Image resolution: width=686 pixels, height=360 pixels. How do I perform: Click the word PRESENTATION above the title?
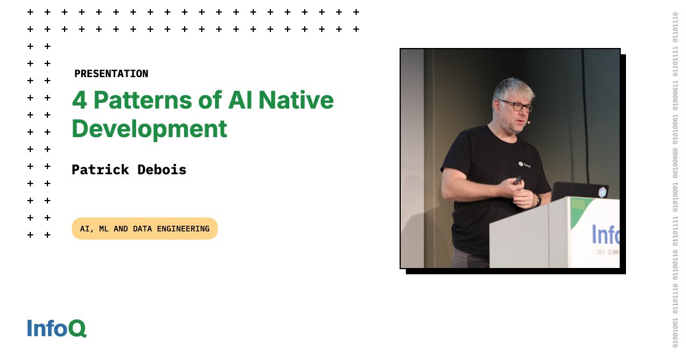coord(111,74)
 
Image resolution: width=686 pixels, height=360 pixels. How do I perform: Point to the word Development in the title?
coord(149,129)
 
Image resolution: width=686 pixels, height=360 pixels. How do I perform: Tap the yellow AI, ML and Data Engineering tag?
coord(145,229)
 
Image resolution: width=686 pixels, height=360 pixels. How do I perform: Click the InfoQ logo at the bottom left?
coord(57,328)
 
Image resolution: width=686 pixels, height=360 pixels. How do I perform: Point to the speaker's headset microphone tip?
coord(529,122)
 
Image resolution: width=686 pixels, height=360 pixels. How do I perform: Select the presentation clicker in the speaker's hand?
coord(517,179)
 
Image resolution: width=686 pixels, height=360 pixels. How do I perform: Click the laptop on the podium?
coord(579,191)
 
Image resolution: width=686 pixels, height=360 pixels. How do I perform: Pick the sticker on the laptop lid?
coord(602,192)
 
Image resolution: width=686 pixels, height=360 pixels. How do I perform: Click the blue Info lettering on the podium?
coord(605,234)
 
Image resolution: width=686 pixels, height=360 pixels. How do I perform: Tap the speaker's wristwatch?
coord(538,199)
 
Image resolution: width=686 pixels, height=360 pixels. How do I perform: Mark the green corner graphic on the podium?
coord(580,209)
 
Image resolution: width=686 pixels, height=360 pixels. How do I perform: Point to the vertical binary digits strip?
coord(675,180)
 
